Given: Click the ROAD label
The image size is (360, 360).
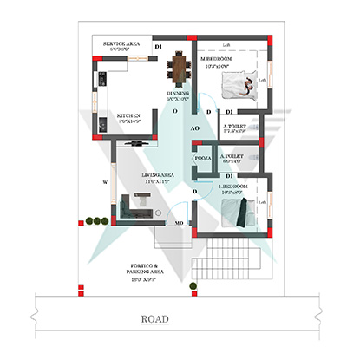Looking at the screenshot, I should [154, 318].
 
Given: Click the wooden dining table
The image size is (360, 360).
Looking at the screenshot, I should [179, 67].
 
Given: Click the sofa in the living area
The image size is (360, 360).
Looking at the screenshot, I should [134, 206].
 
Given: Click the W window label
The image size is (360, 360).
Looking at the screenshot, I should [105, 182].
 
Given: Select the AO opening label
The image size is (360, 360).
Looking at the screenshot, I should [194, 128].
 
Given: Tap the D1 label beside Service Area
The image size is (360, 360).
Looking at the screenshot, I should [158, 46].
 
